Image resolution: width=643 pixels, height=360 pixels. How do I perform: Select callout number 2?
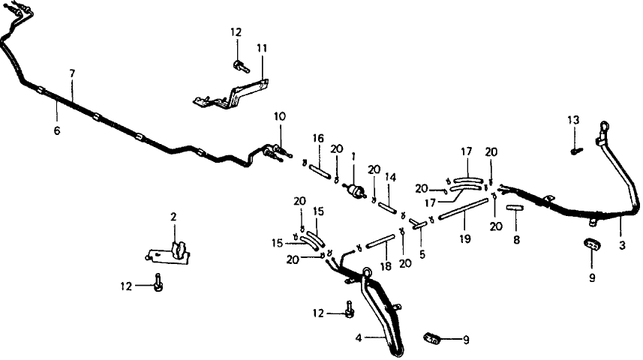coord(173,217)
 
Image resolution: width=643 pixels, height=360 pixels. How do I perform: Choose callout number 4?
coord(359,338)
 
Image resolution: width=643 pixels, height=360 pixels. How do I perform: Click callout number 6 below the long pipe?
coord(57,130)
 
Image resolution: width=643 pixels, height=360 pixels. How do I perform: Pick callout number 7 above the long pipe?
coord(72,73)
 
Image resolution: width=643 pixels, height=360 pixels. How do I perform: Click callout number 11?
coord(262,47)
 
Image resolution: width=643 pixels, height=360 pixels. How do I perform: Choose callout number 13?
coord(573,120)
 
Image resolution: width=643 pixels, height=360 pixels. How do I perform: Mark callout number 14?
coord(390,177)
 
